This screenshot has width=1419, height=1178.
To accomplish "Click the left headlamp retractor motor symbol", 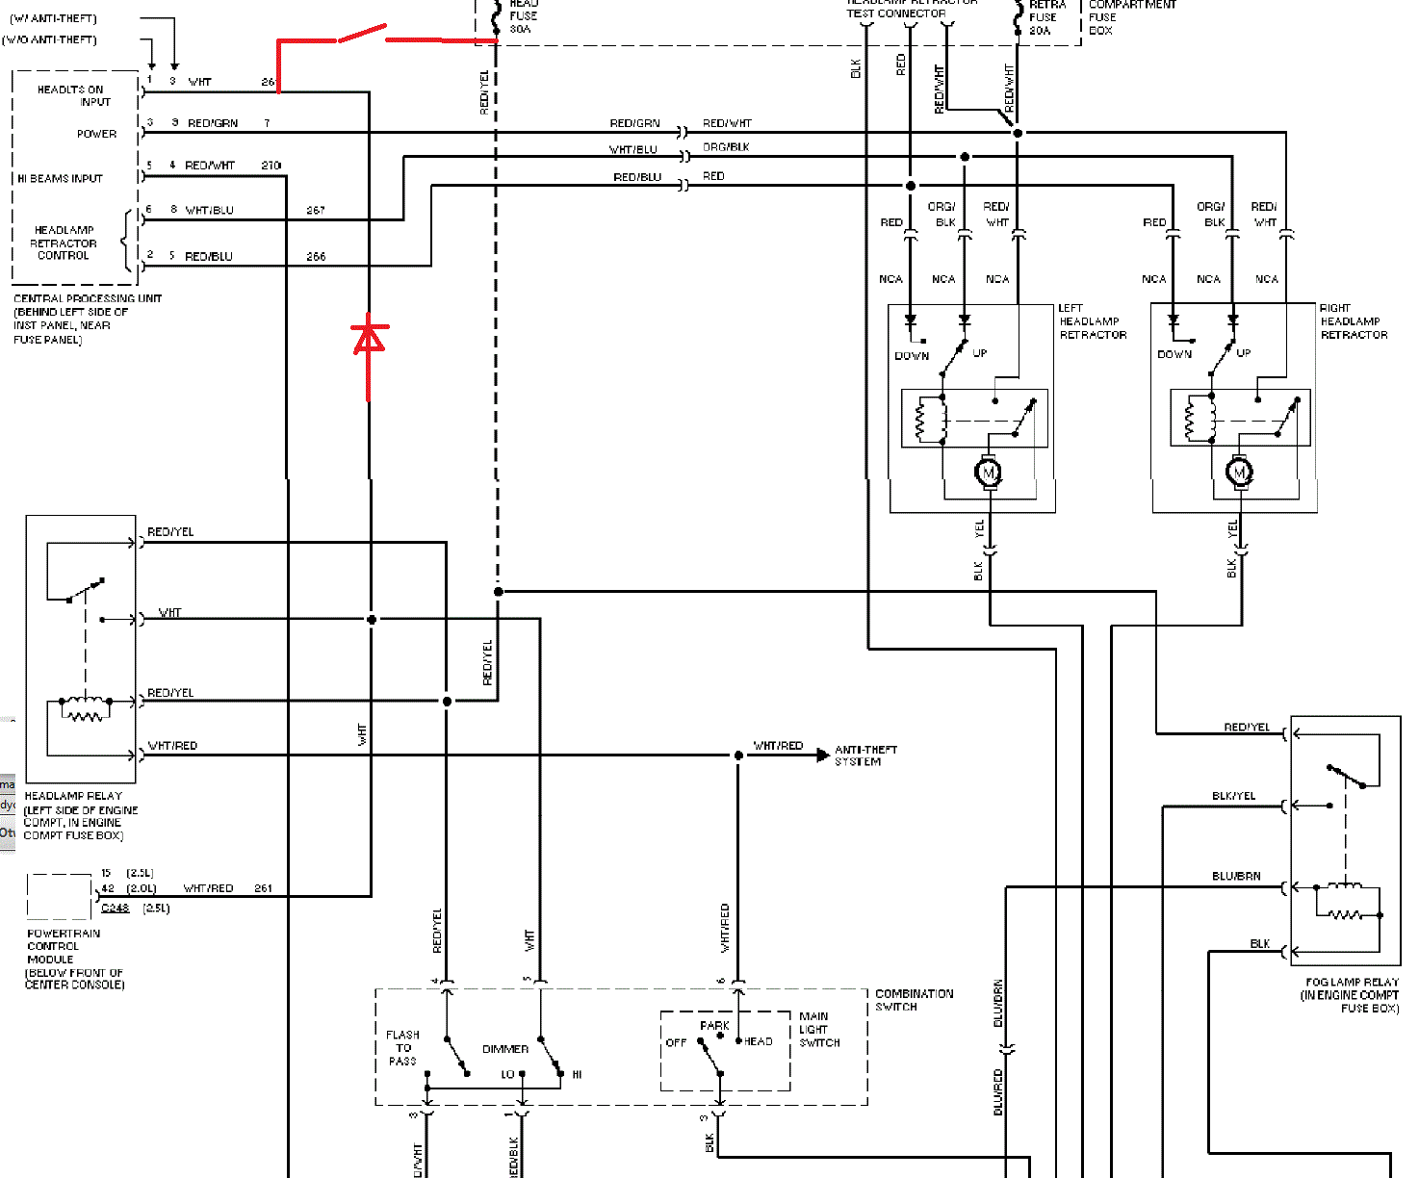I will coord(989,472).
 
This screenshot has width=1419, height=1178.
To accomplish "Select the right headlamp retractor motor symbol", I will coord(1240,472).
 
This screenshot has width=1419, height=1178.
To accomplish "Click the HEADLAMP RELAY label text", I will coord(73,796).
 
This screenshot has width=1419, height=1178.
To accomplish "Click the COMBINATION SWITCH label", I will coord(914,1000).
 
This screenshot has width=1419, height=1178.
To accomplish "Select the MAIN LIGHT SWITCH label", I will coord(818,1029).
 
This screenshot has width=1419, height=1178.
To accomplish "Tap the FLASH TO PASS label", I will coord(402,1048).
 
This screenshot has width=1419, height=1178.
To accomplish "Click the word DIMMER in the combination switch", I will coord(505,1049).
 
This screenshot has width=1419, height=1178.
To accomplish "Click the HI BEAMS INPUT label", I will coord(60,178).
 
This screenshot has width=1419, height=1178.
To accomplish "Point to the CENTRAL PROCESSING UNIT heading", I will coord(88,298).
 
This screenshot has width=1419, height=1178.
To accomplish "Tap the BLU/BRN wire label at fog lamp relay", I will coord(1236,876).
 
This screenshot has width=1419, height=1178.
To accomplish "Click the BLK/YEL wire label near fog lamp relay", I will coord(1233,796).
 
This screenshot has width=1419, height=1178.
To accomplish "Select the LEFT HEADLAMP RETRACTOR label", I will coord(1092,321).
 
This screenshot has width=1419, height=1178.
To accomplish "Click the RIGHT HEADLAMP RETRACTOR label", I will coord(1353,321).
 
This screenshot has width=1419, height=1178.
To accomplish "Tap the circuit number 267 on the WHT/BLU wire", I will coord(316,210).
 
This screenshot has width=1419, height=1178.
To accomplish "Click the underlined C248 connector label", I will coord(115,908).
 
